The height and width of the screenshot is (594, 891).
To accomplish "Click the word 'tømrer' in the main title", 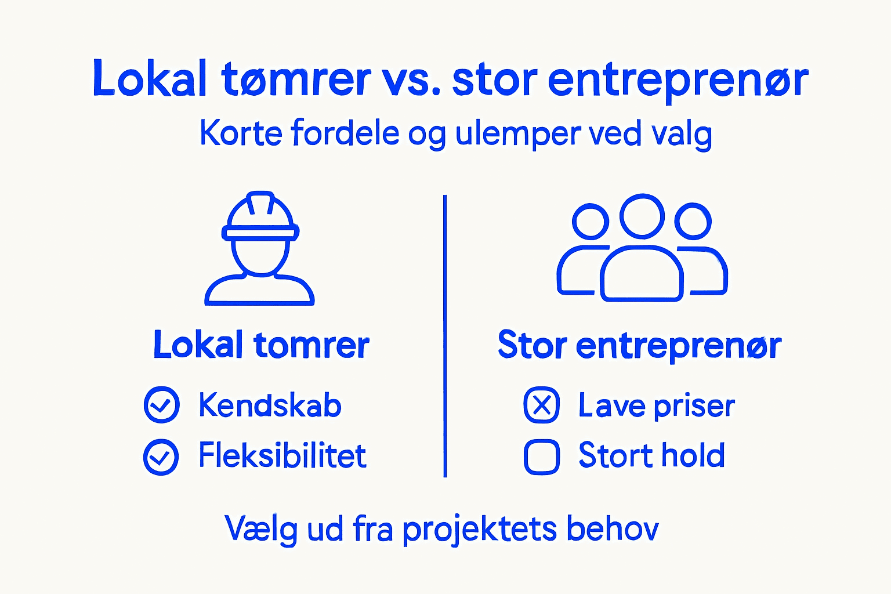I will point(296,79).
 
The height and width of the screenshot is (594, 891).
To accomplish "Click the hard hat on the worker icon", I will point(260,218).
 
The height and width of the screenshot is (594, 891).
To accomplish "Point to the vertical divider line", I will point(445,336).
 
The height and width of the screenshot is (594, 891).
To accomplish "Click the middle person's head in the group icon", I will point(642,216).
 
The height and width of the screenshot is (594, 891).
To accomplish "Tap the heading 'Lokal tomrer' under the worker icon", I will point(261,345).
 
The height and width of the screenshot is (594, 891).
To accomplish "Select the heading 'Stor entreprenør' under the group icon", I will point(639,345).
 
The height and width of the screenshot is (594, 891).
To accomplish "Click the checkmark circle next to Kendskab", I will point(162,404).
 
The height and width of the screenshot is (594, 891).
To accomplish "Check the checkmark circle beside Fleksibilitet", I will point(161,457).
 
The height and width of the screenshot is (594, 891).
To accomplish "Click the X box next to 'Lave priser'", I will point(542,405).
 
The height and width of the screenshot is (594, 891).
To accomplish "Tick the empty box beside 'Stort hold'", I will point(542,457).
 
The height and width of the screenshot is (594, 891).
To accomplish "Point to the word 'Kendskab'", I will point(270,405).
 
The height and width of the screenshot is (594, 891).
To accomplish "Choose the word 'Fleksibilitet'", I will point(282,455).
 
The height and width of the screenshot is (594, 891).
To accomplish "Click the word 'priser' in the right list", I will point(694,406).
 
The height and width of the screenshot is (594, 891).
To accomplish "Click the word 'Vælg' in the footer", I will point(261,529).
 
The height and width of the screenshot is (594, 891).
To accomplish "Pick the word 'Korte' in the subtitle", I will point(241,133).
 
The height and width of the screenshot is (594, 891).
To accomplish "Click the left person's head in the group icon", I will point(591,222).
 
